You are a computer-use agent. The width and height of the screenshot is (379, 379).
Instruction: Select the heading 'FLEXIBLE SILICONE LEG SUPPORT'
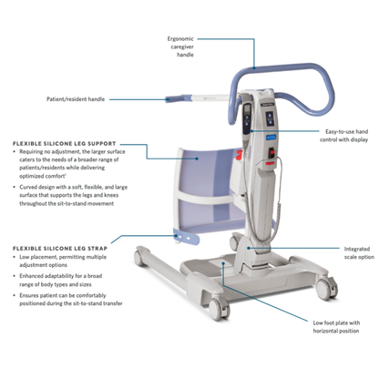click(65, 144)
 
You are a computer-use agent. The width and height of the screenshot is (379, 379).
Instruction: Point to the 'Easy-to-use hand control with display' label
click(345, 137)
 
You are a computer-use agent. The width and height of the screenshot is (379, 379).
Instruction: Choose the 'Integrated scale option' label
click(351, 252)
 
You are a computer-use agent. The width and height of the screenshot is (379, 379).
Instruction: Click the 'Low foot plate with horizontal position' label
click(337, 327)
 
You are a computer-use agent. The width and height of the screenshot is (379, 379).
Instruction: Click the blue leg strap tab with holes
click(189, 240)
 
